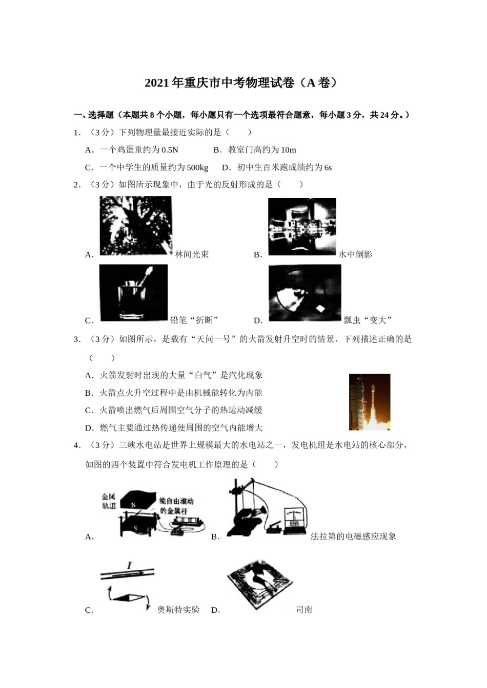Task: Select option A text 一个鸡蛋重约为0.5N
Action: tap(138, 150)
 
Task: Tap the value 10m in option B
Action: tap(288, 150)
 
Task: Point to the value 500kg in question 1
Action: tap(197, 167)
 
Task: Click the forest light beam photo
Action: tap(135, 226)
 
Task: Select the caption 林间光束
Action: tap(192, 254)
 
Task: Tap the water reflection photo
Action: tap(302, 227)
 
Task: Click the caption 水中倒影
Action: tap(355, 254)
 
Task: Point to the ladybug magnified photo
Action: tap(305, 293)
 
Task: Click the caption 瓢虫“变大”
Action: tap(368, 320)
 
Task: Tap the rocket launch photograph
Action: tap(369, 402)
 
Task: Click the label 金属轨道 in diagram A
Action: tap(109, 501)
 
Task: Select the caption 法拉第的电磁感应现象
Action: tap(353, 536)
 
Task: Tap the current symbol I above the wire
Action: tap(129, 566)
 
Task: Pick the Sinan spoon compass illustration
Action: tap(260, 584)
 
